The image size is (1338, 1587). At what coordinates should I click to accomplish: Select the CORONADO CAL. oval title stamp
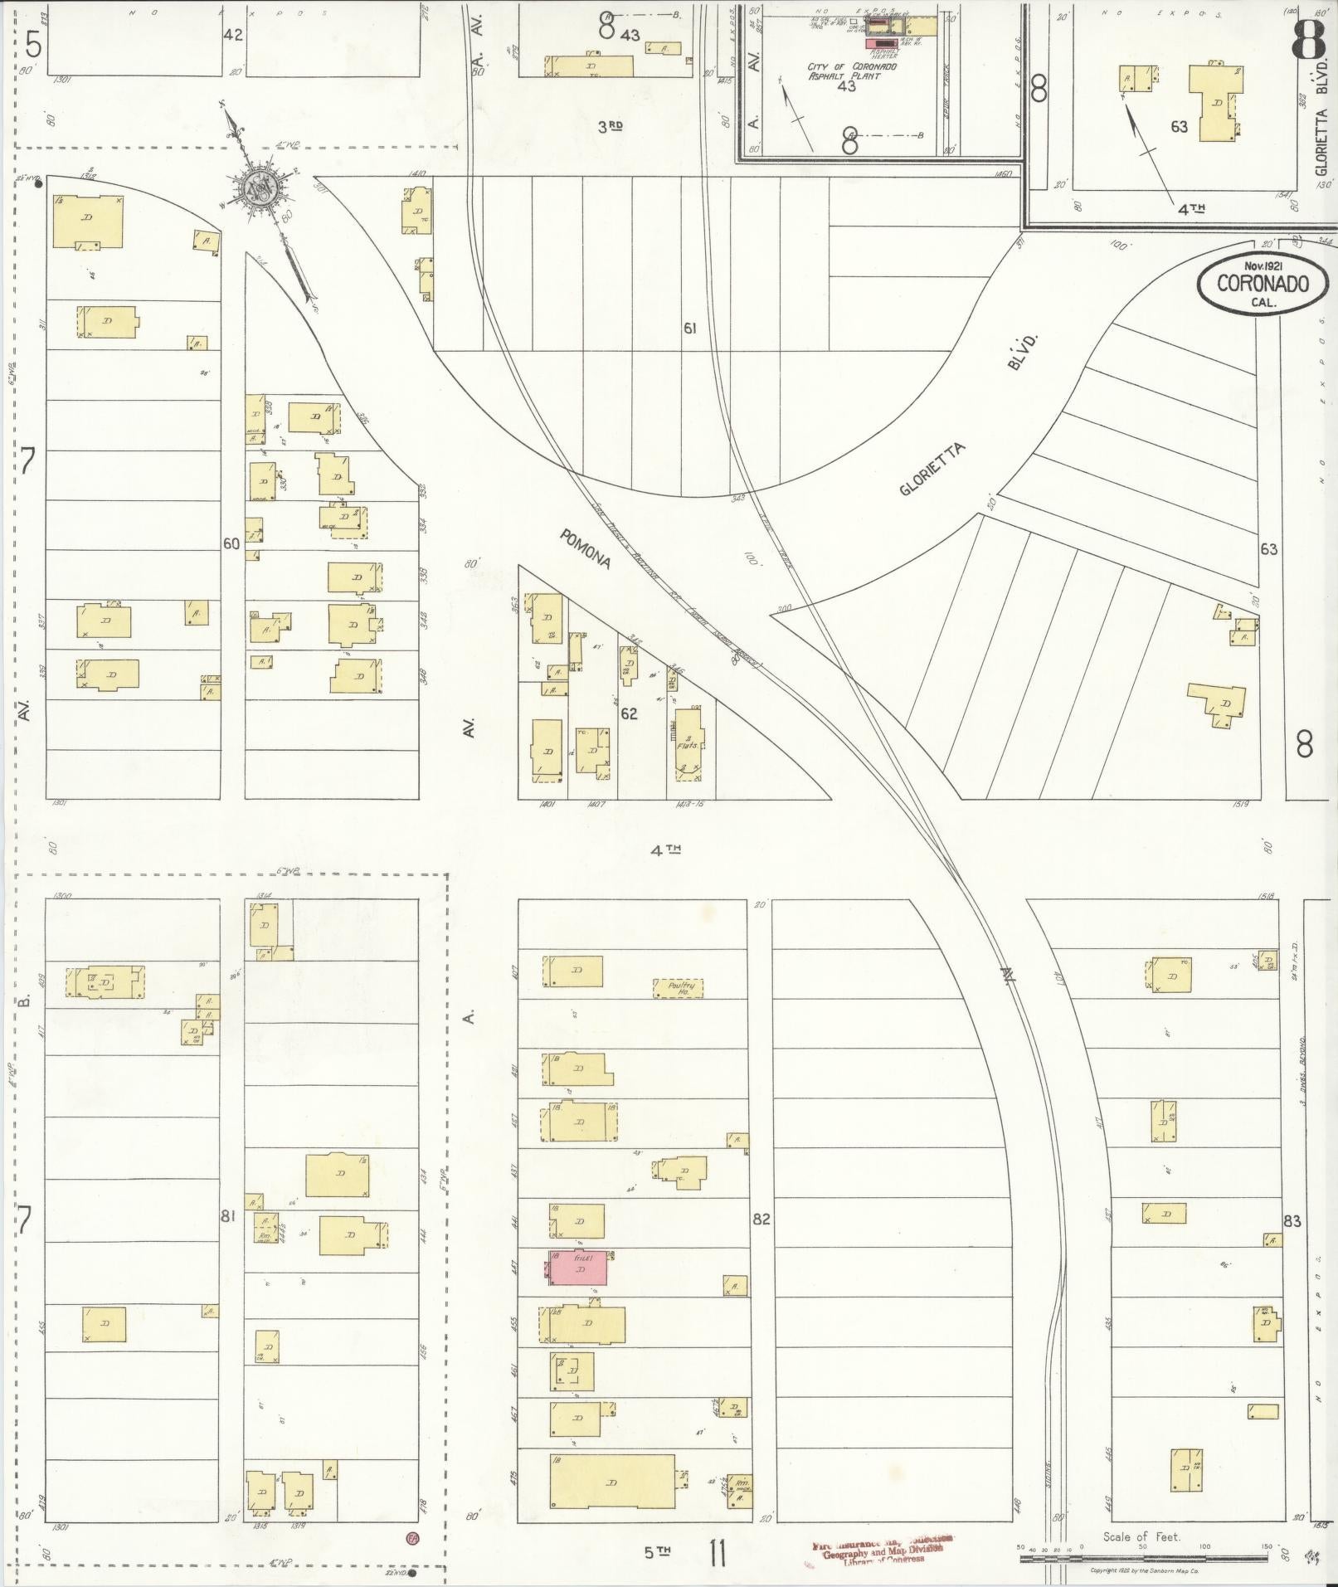click(1263, 285)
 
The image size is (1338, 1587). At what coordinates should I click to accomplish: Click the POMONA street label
click(586, 549)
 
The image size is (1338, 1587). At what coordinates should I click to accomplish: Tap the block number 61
click(689, 329)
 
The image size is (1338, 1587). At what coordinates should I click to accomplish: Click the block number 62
click(630, 713)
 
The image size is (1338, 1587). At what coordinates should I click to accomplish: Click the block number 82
click(761, 1219)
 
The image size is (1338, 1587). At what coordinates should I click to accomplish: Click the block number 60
click(231, 544)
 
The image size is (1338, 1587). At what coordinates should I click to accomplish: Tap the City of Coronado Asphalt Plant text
click(850, 71)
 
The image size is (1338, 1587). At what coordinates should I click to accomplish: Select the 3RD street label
click(611, 126)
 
